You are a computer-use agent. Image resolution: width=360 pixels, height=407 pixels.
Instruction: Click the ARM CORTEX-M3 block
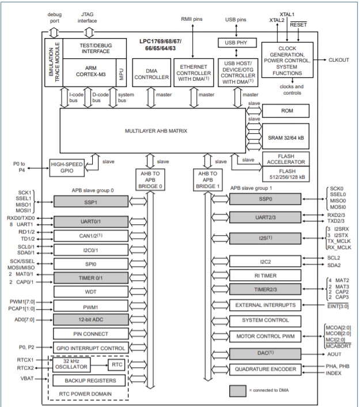click(86, 70)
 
